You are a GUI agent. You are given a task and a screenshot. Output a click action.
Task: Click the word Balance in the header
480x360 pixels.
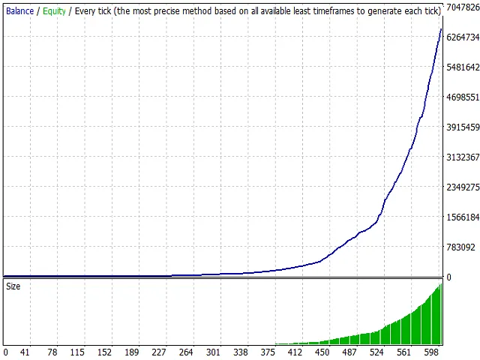coord(19,11)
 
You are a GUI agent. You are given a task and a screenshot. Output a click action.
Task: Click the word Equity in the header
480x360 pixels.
coord(54,11)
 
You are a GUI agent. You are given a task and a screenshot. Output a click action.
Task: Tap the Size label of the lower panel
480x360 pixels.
coord(13,286)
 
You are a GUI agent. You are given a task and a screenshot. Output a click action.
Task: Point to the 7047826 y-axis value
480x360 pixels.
coord(463,7)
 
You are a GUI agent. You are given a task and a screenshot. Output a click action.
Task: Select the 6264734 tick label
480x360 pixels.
coord(463,37)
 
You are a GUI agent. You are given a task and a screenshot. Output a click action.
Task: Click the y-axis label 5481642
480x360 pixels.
coord(463,67)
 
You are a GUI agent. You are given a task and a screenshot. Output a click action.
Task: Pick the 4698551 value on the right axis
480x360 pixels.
coord(463,97)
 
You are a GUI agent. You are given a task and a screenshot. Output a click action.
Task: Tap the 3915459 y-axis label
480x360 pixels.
coord(463,127)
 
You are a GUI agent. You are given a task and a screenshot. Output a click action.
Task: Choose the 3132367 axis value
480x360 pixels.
coord(463,157)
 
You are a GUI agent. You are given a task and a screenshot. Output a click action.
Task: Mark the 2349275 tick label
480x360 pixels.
coord(463,187)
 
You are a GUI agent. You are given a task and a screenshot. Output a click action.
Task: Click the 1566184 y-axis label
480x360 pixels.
coord(463,217)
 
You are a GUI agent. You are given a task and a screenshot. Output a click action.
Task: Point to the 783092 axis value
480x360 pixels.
coord(460,247)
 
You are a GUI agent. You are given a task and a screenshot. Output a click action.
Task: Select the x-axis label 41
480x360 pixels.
coord(25,352)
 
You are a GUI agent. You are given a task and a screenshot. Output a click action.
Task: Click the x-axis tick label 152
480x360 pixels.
coord(104,352)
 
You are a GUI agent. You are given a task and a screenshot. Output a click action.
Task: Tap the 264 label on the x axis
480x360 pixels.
coord(186,352)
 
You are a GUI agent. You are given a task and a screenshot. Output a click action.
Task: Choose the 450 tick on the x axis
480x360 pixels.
coord(322,352)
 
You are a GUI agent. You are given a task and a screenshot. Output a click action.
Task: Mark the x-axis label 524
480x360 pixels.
coord(377,352)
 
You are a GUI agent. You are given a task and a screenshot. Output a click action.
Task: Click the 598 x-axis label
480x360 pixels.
coord(432,352)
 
